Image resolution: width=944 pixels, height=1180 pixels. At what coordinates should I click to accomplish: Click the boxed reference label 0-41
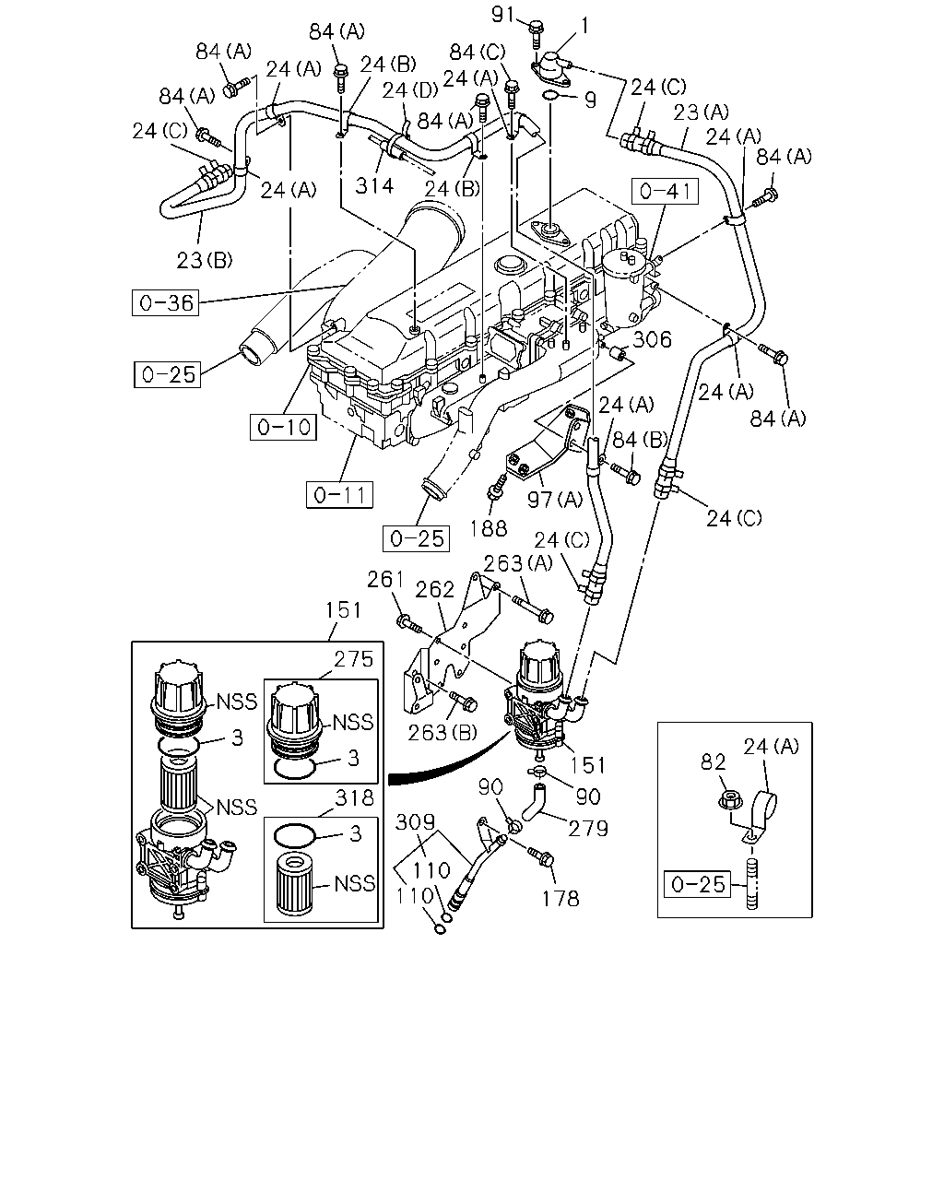(x=665, y=192)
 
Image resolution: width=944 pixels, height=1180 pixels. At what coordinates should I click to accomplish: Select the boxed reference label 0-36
(x=165, y=302)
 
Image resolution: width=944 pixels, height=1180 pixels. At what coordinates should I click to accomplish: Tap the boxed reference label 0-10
(x=283, y=427)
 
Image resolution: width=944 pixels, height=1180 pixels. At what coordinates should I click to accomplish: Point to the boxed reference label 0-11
(x=339, y=495)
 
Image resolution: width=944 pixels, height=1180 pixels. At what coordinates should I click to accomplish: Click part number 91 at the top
(x=503, y=14)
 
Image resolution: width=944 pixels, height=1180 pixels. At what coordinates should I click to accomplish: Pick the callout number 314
(x=374, y=186)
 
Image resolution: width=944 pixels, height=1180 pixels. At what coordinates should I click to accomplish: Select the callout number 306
(x=652, y=339)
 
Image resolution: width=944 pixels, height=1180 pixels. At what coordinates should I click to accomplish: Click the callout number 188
(x=489, y=528)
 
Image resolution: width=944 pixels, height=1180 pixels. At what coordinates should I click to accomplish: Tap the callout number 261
(x=385, y=579)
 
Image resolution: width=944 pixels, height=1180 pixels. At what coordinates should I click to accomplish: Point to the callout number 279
(x=588, y=829)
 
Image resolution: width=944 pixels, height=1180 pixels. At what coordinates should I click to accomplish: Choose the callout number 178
(x=560, y=899)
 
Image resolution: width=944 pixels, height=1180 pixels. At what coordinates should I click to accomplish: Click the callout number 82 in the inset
(x=714, y=761)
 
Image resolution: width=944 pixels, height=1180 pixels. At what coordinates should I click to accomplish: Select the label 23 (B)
(x=205, y=260)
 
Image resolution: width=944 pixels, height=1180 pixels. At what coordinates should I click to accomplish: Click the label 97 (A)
(x=555, y=499)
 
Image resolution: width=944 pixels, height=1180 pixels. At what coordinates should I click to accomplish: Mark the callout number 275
(x=354, y=658)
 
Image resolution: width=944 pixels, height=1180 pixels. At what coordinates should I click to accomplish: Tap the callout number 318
(x=354, y=797)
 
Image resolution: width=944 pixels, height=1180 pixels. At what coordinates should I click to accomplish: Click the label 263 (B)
(x=442, y=733)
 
